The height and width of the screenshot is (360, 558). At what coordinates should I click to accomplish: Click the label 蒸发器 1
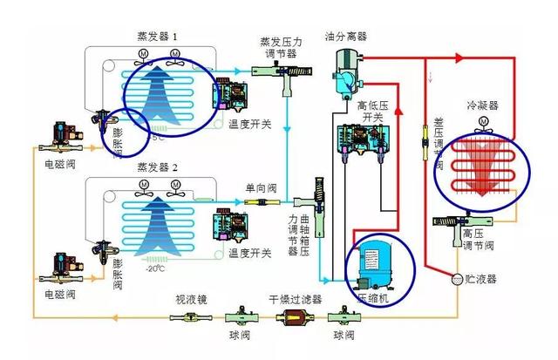point(157,37)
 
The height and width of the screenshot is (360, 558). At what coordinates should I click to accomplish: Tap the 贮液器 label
point(480,279)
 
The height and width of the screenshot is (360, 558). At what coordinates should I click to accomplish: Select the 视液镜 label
point(191,299)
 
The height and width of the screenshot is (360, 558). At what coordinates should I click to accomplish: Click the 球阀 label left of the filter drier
point(238,336)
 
